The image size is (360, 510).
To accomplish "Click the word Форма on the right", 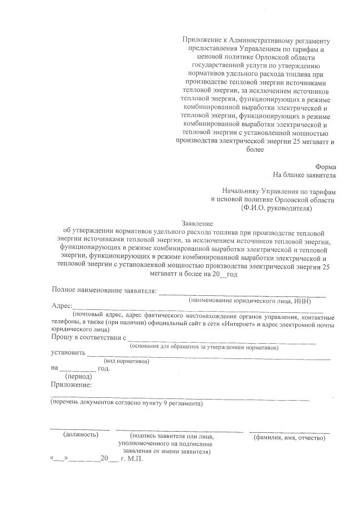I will click(326, 167).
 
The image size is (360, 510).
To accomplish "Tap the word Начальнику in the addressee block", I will click(242, 191).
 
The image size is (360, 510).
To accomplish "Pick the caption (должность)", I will click(81, 435).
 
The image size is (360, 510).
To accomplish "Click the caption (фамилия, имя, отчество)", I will click(289, 437).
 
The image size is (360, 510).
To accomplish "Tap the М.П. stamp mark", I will click(136, 459).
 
